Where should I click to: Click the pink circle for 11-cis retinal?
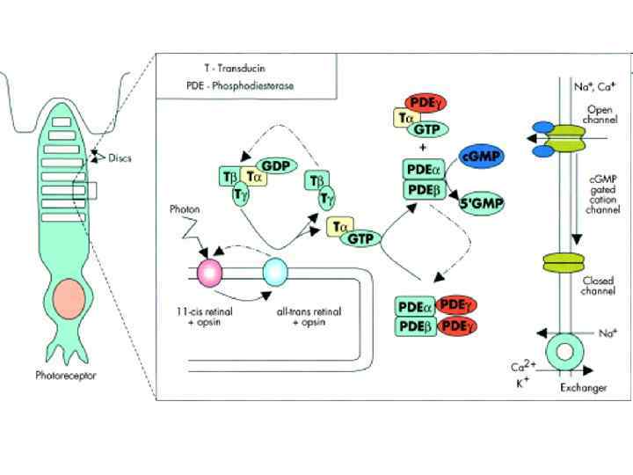(211, 272)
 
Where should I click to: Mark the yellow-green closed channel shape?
(563, 262)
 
